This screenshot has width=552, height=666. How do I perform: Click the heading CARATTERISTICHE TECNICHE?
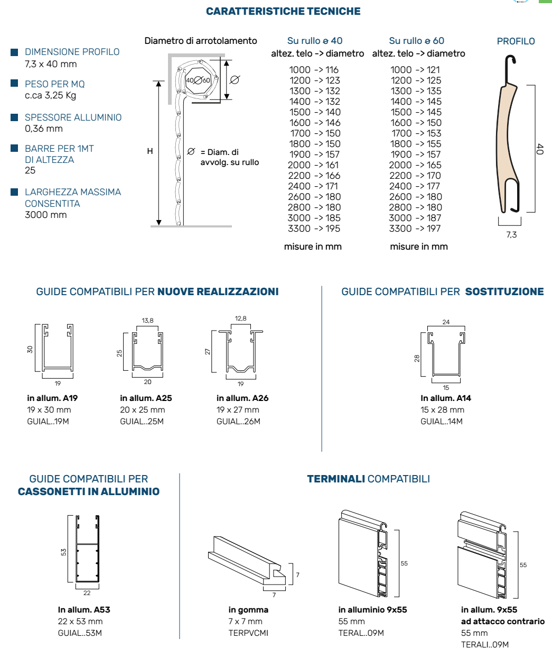click(x=283, y=11)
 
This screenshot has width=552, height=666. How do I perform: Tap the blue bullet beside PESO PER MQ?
click(x=15, y=84)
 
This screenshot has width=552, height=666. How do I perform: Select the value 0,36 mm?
click(x=44, y=129)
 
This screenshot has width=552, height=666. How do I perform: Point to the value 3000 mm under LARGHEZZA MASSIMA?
click(x=46, y=215)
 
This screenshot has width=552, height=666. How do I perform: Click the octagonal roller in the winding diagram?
click(x=198, y=80)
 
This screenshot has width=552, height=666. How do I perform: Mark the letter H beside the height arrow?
click(x=150, y=151)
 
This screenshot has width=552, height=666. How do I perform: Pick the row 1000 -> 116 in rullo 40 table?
click(x=314, y=70)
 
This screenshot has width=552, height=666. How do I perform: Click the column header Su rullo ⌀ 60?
click(x=416, y=41)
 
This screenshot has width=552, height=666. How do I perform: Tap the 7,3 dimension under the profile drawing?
click(x=511, y=234)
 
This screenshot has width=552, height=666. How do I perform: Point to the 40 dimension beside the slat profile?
click(x=539, y=149)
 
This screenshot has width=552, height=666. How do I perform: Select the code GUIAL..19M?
click(x=48, y=422)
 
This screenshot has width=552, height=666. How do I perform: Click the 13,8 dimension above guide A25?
click(x=147, y=321)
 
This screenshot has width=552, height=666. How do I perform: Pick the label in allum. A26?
click(x=242, y=398)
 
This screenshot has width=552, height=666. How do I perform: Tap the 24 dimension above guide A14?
click(x=446, y=322)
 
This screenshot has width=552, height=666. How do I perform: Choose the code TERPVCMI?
click(x=248, y=633)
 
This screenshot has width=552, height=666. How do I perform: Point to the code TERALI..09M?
click(x=485, y=645)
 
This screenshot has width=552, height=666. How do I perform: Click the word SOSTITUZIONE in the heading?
click(x=504, y=291)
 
